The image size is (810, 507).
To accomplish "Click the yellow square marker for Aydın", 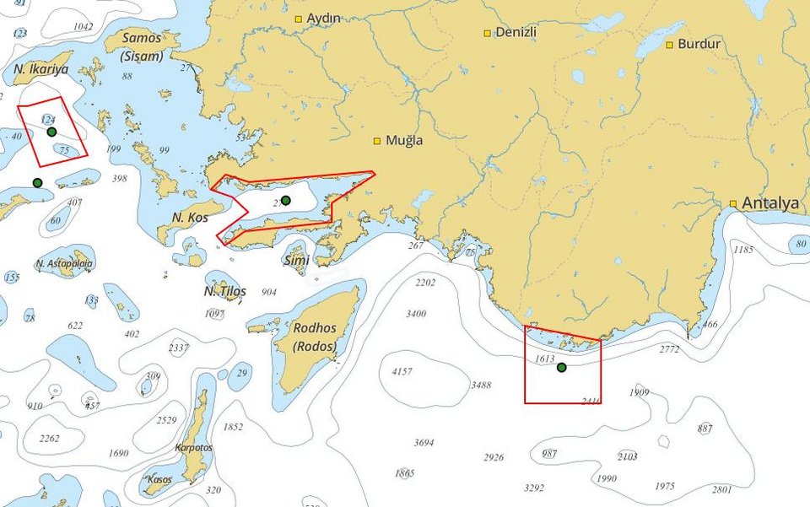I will pos(298,19).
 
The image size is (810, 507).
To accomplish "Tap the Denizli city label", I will pos(516,33).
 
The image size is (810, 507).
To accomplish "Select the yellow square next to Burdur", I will pos(669,44).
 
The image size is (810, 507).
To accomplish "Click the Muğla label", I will pos(404,141).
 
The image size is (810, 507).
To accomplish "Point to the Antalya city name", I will pos(769,203).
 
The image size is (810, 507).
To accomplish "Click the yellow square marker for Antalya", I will pos(733,203).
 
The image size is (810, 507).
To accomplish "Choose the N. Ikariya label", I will pos(40,68).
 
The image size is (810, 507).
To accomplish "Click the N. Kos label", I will pos(190,218).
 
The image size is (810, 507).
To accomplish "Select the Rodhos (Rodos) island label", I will pos(315,337).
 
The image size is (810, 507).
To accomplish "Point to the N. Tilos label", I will pos(225,292).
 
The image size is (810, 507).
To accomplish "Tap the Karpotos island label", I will pos(194,448).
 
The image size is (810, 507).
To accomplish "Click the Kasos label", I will pos(159,479).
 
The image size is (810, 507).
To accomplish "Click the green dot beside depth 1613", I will pos(562,367).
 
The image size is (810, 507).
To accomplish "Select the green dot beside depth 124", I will pos(51,132).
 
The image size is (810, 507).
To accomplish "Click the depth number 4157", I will pos(402,371).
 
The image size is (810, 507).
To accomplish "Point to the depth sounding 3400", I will pos(416,314).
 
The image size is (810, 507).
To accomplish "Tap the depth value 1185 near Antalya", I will pos(742,250).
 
